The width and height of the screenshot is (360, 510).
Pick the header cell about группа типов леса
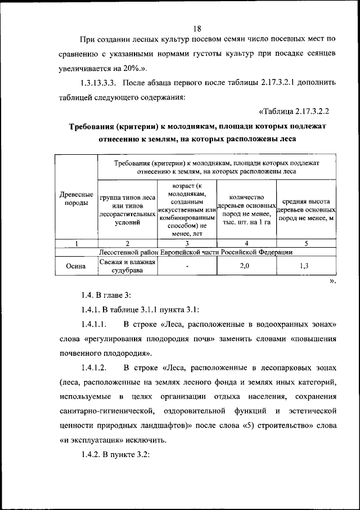[128, 210]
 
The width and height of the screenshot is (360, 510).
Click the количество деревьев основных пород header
[246, 209]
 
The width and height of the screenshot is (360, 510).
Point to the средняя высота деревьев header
[306, 209]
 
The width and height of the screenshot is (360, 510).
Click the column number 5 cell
[306, 243]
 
